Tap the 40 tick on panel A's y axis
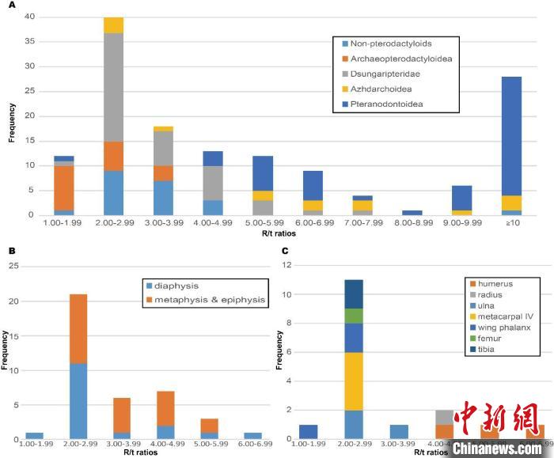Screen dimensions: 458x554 (28, 17)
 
